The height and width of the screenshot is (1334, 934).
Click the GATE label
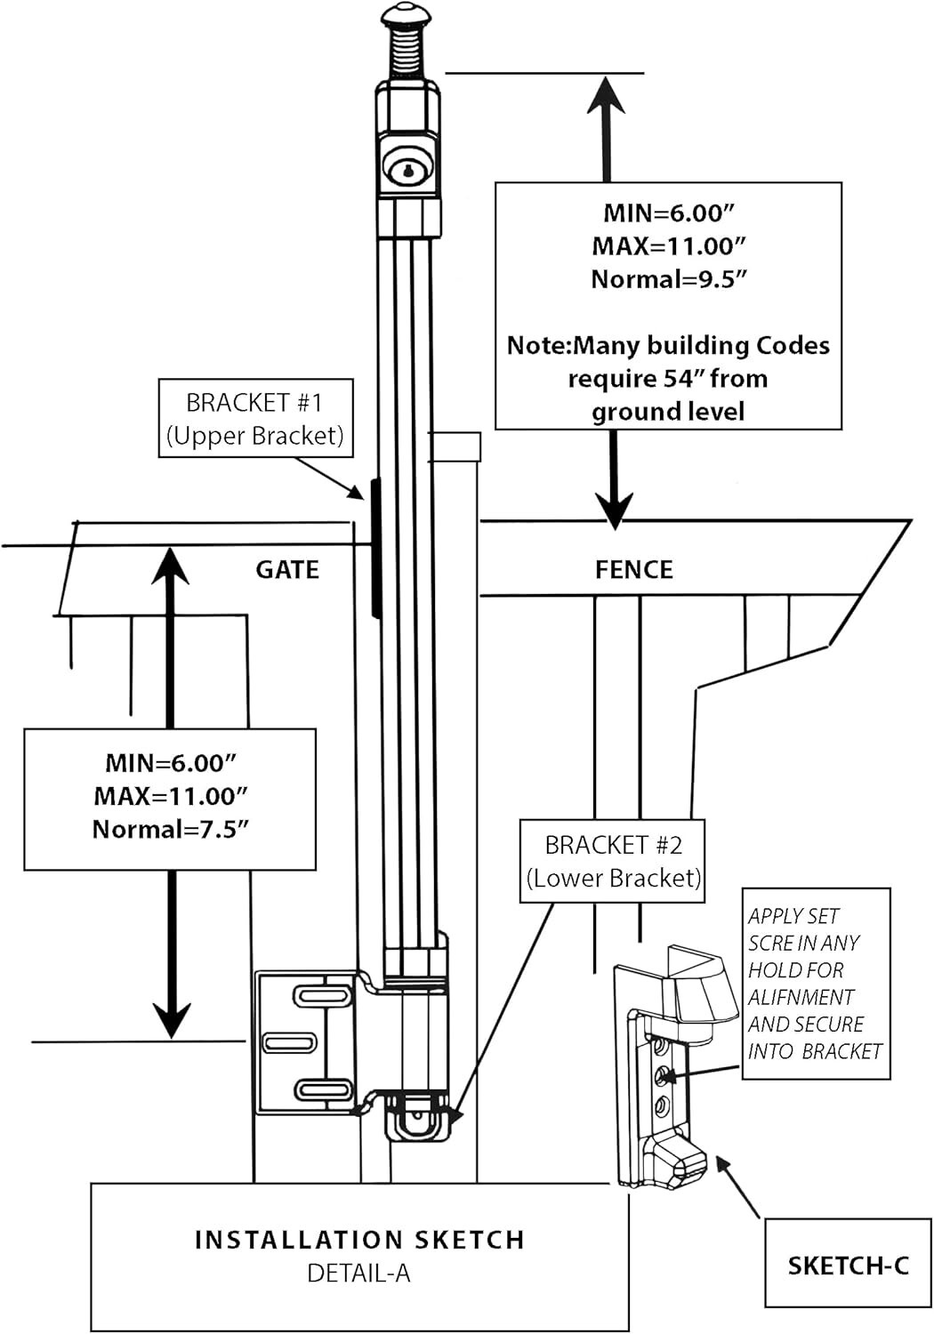point(287,569)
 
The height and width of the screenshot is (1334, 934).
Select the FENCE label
point(634,569)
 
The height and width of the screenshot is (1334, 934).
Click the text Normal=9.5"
point(668,279)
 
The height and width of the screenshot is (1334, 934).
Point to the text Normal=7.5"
point(170,830)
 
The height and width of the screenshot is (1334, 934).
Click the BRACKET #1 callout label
point(254,418)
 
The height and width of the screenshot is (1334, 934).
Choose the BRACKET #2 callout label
point(613,861)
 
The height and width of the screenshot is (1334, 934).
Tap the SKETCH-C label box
point(849,1265)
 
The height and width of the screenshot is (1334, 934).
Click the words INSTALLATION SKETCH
point(359,1240)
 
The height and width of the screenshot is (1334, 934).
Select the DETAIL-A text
point(358,1274)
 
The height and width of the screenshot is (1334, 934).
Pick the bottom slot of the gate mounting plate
point(324,1089)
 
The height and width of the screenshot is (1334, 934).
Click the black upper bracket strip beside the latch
point(376,547)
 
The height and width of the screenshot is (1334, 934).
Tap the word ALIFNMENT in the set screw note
point(801,997)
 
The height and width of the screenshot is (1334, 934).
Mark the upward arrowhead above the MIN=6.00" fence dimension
point(608,93)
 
